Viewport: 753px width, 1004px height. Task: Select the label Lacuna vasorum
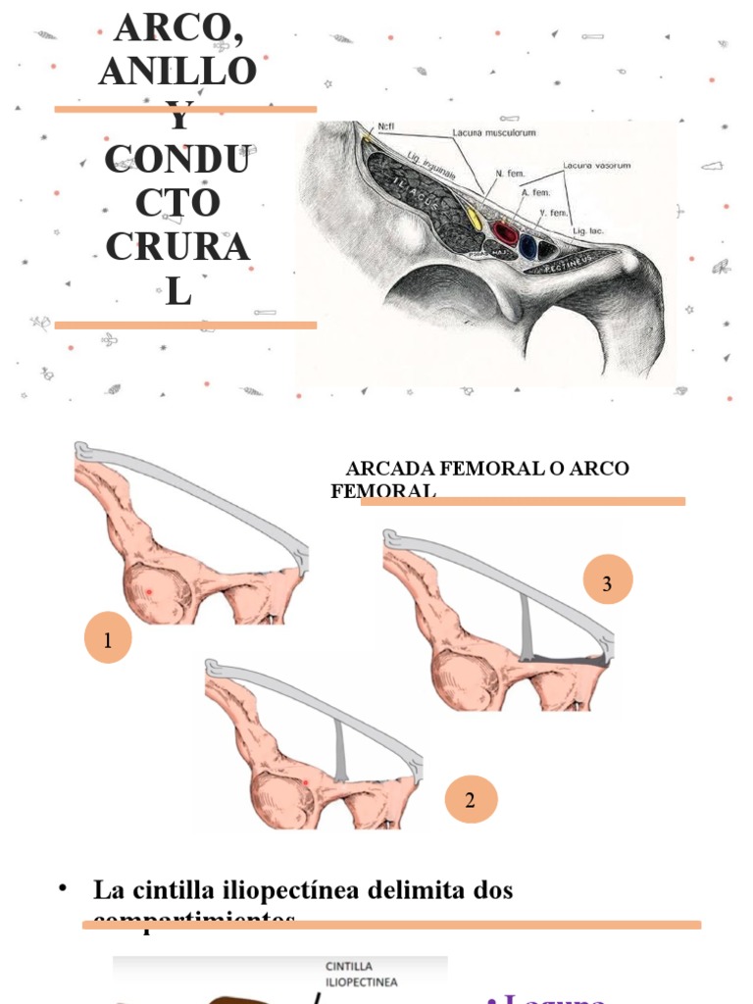point(596,166)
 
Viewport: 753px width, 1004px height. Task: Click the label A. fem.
point(535,193)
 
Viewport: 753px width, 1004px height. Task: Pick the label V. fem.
point(554,212)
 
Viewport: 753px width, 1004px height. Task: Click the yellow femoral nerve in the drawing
point(474,218)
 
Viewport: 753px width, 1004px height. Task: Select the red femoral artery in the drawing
point(506,232)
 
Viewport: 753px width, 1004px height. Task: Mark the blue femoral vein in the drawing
point(529,246)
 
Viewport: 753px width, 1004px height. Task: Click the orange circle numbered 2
point(471,799)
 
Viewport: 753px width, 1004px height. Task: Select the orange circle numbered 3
point(607,583)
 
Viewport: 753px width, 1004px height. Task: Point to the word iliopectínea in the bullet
point(297,890)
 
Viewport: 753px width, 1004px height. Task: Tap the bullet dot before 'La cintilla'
point(64,888)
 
